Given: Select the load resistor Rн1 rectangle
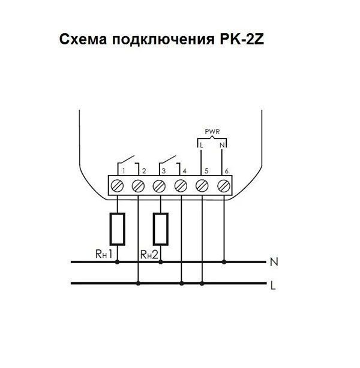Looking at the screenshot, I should click(x=118, y=228).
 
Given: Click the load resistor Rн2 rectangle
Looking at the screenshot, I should click(x=160, y=228).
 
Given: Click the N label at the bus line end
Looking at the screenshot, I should click(x=274, y=262).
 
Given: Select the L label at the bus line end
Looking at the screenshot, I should click(x=274, y=286).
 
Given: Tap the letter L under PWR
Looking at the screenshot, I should click(x=202, y=145).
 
